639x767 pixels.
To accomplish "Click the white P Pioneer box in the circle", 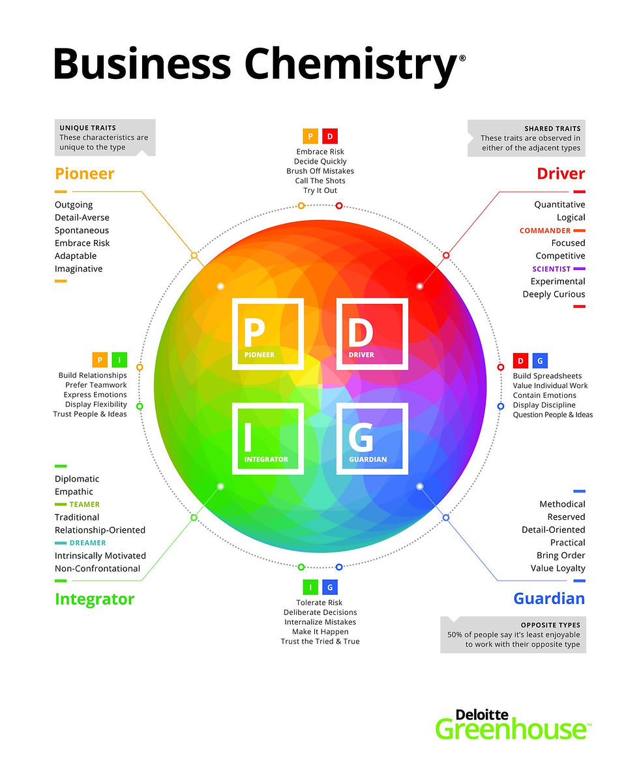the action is click(267, 334).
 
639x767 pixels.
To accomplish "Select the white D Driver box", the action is click(372, 334).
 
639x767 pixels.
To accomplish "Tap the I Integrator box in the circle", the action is click(267, 438).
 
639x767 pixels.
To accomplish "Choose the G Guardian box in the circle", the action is click(372, 438).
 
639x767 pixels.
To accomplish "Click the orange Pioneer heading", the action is click(84, 173).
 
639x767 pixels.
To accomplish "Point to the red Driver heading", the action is click(561, 173).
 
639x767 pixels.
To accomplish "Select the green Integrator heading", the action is click(95, 599).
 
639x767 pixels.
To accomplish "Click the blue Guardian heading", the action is click(549, 599).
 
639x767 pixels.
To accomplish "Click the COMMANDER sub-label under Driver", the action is click(545, 230).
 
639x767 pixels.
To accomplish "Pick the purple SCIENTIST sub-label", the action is click(551, 269).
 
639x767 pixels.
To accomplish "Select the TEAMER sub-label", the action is click(85, 505).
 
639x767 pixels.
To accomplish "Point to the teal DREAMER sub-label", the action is click(87, 543).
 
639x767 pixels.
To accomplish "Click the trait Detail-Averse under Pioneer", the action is click(82, 217).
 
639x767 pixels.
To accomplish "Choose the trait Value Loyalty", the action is click(557, 568).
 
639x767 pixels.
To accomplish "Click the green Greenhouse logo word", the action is click(513, 729).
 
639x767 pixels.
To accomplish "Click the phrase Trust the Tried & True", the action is click(319, 641).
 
